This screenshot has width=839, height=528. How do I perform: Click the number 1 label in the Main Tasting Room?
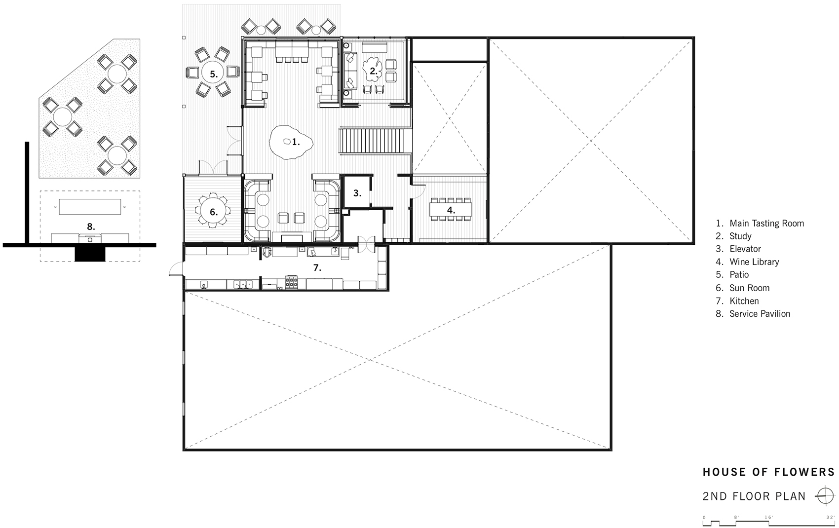coord(296,143)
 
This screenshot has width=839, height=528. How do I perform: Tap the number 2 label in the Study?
coord(374,71)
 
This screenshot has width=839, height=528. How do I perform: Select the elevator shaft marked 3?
coord(357,193)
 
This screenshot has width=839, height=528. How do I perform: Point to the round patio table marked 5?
coord(213,74)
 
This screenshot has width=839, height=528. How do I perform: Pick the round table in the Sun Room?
coord(213,212)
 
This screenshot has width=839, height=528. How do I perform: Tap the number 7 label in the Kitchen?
coord(317,268)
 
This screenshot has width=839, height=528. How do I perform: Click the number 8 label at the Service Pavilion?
coord(90,227)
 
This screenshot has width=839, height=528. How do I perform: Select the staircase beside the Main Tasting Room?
coord(374,141)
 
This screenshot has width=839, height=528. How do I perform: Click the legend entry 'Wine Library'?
coord(754,262)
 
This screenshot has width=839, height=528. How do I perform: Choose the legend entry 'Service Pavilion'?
coord(759,314)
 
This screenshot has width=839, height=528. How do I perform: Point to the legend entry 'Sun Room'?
coord(749,288)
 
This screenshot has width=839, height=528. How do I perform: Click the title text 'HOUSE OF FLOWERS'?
coord(768,472)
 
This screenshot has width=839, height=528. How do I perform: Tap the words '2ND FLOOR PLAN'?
coord(754,496)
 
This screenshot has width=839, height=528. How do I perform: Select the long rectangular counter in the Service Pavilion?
coord(90,207)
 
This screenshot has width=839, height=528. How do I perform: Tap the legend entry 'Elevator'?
coord(745,249)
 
